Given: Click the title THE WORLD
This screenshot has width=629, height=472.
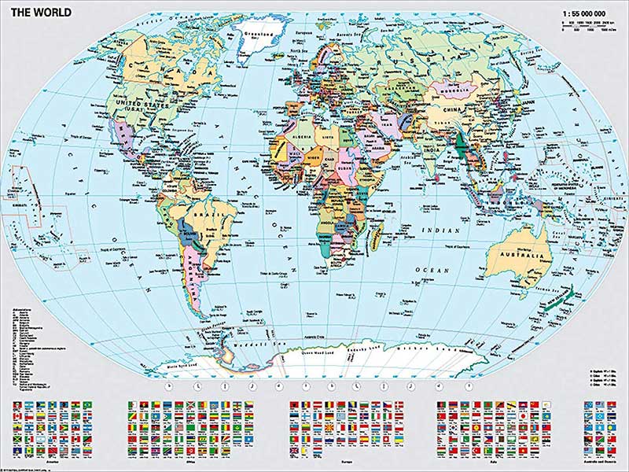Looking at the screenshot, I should [41, 12].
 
